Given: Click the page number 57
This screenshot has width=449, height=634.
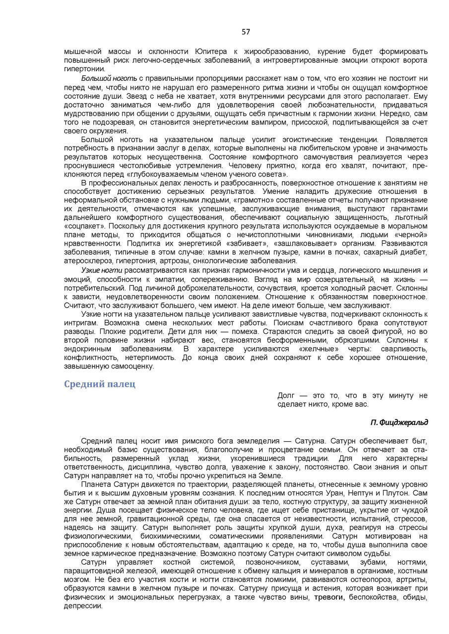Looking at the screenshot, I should click(246, 32).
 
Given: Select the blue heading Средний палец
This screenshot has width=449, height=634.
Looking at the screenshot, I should click(99, 384).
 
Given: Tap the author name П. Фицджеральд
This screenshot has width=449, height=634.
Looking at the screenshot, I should click(399, 422).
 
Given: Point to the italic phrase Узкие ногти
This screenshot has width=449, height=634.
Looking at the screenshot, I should click(102, 270).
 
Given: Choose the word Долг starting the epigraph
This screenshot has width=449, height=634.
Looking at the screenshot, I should click(286, 395).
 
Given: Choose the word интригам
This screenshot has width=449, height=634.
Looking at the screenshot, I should click(80, 322).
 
